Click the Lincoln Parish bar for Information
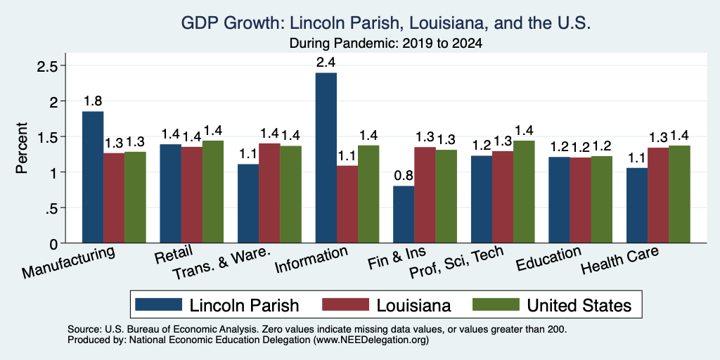click(326, 157)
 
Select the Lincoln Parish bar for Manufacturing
click(93, 176)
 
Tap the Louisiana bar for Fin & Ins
click(425, 195)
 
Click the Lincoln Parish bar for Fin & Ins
click(404, 214)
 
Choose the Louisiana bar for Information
click(347, 205)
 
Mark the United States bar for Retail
click(213, 191)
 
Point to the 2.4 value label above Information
click(326, 63)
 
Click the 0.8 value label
click(404, 176)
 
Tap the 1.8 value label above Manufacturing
click(93, 101)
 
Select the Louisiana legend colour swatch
click(345, 304)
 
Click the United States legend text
click(579, 305)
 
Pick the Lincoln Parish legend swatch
click(158, 304)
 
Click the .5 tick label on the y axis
click(51, 208)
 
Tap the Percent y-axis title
click(22, 148)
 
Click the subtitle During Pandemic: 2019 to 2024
click(386, 44)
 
